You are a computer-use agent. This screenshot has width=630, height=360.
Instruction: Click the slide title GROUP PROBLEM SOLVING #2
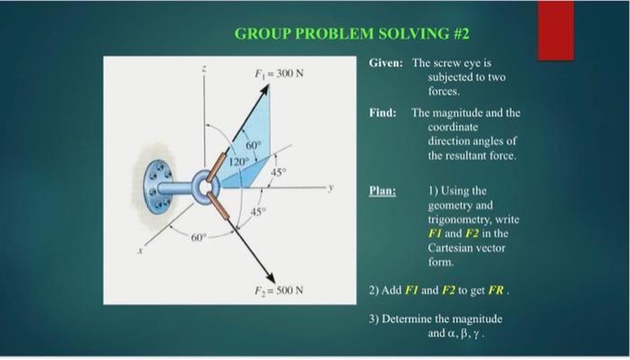pos(353,35)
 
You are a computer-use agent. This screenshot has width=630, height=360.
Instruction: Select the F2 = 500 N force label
pos(277,290)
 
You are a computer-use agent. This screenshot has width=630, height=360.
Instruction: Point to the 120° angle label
pos(237,162)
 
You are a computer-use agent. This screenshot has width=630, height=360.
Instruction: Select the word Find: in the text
pos(382,114)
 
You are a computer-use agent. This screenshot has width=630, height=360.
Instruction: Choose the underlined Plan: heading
pos(383,191)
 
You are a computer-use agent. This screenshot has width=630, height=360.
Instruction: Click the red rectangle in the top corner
pos(555,30)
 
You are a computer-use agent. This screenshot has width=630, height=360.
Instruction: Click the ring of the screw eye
pos(207,188)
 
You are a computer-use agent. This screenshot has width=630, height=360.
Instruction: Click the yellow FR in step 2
pos(498,292)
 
